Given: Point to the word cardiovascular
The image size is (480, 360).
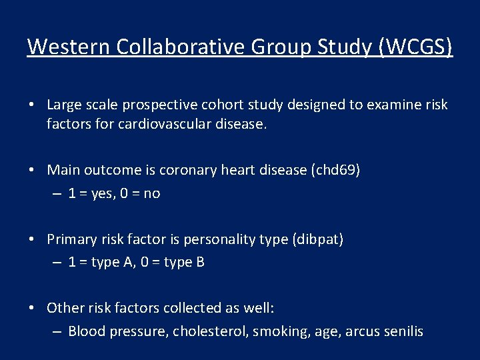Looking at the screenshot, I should tap(156, 124).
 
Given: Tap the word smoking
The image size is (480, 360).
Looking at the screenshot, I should tap(271, 331).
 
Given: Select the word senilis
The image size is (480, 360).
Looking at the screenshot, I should tap(402, 331).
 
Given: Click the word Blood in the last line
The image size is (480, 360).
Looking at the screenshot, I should tap(85, 331).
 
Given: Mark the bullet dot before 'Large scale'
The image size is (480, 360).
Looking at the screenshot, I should tap(31, 105).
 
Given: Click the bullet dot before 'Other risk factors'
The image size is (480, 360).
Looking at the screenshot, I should tap(31, 308).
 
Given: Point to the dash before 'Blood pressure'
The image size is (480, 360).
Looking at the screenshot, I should tap(57, 331).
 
